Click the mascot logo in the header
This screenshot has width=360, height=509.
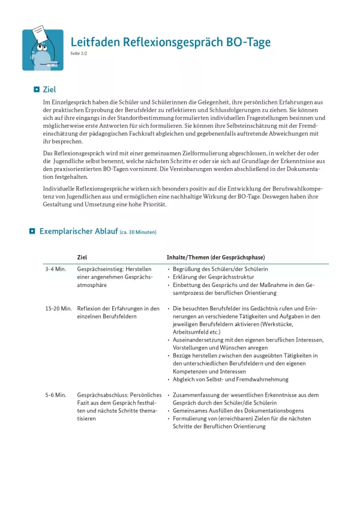(43, 50)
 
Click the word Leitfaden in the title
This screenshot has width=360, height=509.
(95, 42)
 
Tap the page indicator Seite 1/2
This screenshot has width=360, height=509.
(79, 54)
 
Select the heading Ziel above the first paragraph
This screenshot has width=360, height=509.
(49, 89)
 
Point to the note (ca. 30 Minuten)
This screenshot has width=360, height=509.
(139, 232)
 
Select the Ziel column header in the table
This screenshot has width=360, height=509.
(82, 257)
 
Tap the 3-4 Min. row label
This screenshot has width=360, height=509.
(55, 269)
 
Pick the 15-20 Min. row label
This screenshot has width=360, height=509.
(59, 309)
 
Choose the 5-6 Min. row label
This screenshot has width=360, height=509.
(55, 395)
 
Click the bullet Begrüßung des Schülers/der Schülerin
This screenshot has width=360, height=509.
(220, 270)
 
